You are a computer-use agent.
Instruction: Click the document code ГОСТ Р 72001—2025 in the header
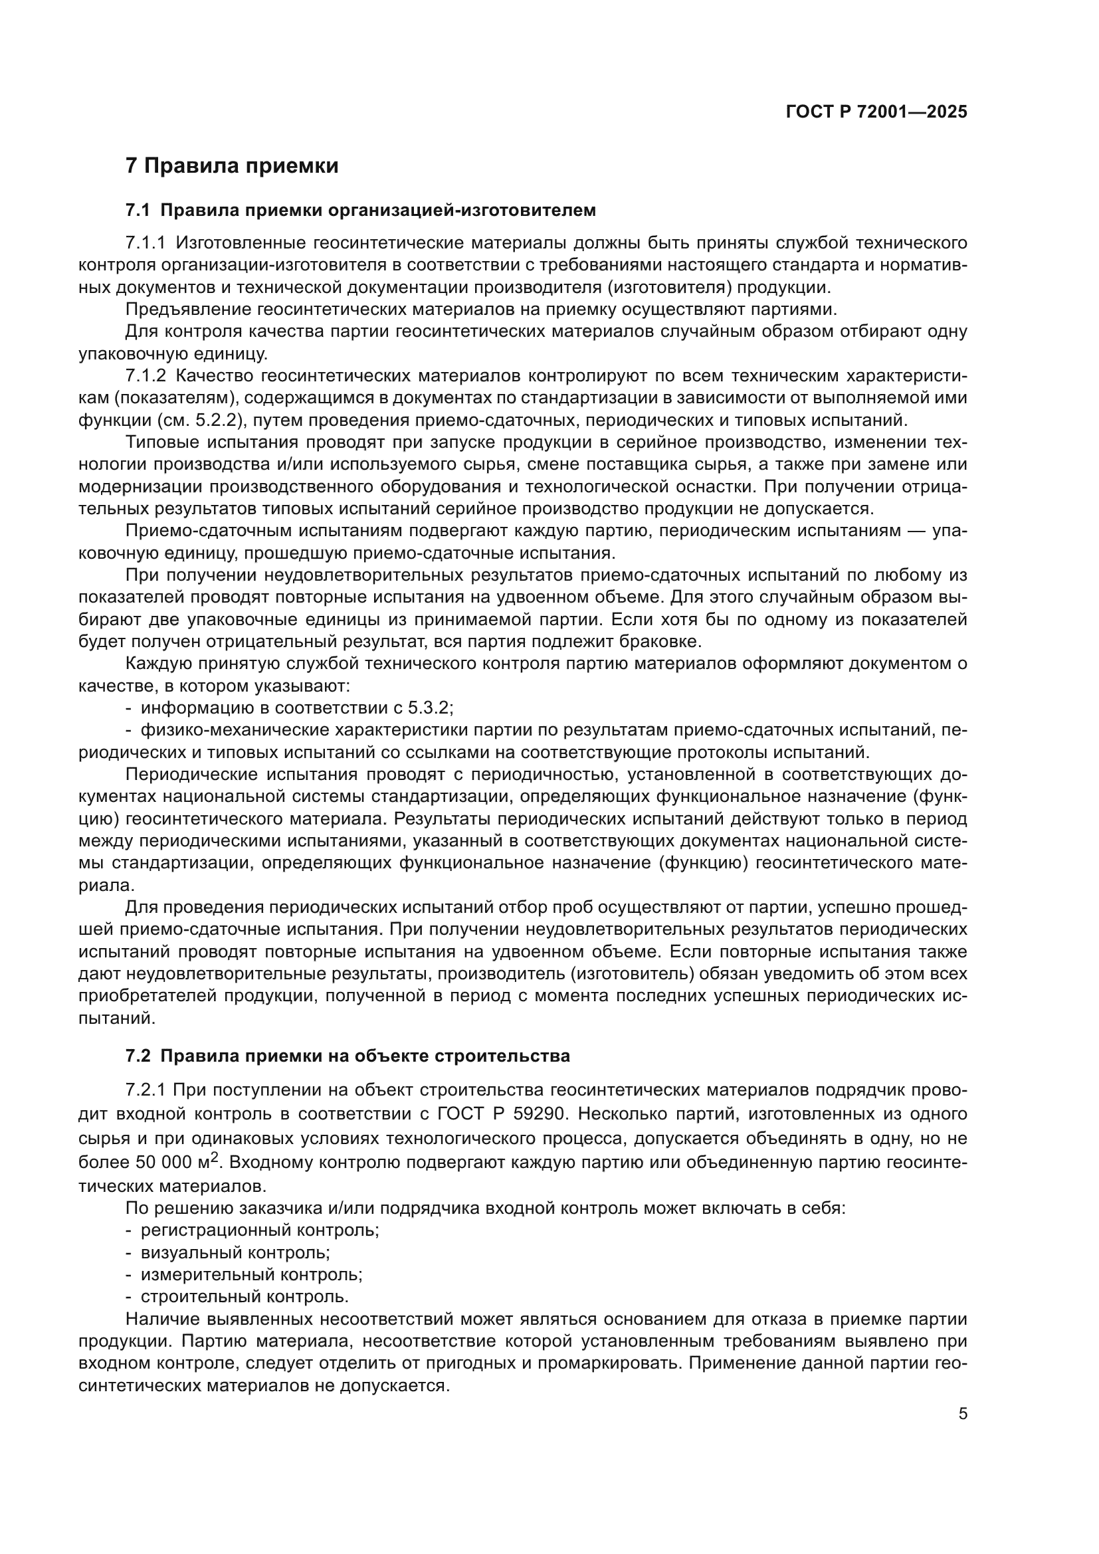tap(876, 112)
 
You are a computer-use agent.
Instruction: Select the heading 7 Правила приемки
tap(231, 166)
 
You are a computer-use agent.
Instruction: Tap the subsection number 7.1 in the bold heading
tap(138, 210)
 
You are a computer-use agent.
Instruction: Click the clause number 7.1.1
tap(146, 243)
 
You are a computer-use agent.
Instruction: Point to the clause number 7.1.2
tap(146, 375)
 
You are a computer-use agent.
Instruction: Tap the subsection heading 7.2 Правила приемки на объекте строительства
tap(348, 1056)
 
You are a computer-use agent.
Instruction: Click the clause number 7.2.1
tap(146, 1090)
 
